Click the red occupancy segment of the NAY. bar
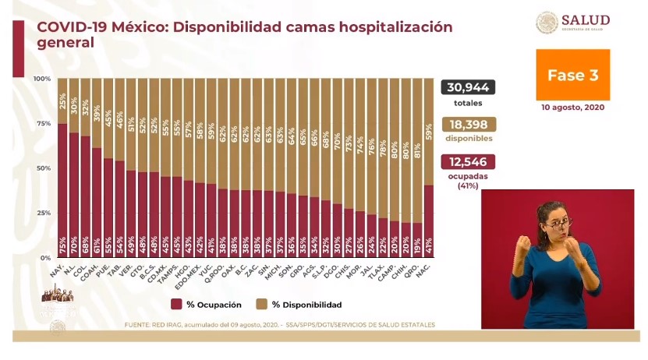62,187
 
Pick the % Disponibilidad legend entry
300,305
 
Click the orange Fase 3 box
572,75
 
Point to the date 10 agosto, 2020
572,107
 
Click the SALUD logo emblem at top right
547,22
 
